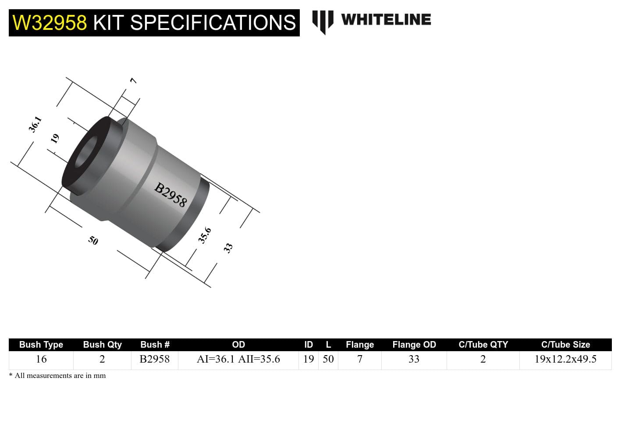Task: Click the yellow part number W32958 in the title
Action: pos(50,23)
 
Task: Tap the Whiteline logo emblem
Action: pos(323,21)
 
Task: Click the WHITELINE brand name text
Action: pos(386,20)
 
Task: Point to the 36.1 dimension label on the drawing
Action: pos(35,124)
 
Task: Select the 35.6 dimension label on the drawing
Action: pos(204,235)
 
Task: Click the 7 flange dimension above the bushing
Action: pos(133,81)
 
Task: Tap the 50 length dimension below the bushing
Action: pos(93,240)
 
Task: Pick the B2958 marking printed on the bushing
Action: pos(170,195)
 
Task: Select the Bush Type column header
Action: pos(41,345)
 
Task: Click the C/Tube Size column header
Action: pos(565,345)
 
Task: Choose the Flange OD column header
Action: pos(414,345)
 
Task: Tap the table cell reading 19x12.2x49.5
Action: pos(565,359)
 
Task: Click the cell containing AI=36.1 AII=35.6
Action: pos(238,359)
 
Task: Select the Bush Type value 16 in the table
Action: pos(41,359)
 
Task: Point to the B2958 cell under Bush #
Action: pos(155,359)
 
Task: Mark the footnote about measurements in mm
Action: pos(57,376)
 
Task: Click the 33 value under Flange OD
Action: pos(414,359)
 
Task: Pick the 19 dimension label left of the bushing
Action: pos(55,139)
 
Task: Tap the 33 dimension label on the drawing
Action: pos(228,248)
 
